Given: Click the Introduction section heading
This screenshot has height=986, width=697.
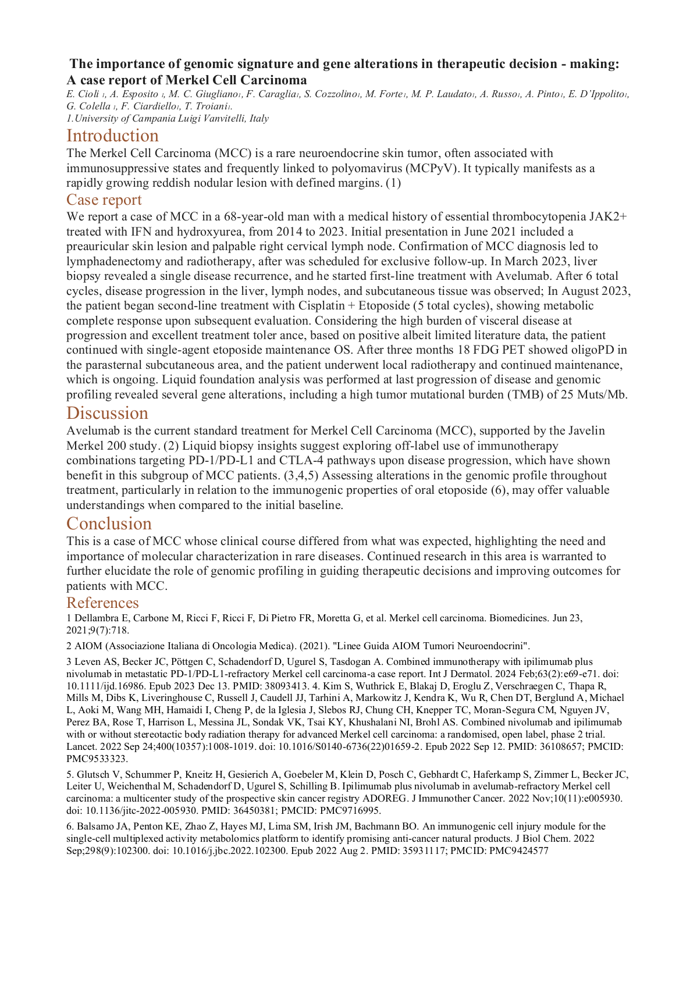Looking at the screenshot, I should coord(112,136).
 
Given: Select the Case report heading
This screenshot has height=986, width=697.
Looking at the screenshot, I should coord(104,200).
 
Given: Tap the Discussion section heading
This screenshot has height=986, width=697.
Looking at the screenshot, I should coord(107,413).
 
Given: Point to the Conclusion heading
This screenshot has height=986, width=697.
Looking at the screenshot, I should coord(109,524).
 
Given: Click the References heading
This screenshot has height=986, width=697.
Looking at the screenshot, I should coord(102,602).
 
